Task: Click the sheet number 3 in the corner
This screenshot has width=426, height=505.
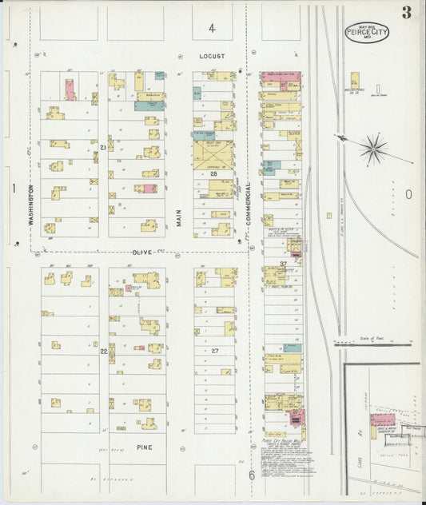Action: [407, 12]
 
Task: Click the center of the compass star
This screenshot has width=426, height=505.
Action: [372, 149]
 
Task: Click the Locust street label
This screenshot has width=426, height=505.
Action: [213, 57]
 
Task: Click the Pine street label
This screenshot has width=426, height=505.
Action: [144, 447]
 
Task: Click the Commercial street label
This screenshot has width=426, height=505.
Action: [249, 202]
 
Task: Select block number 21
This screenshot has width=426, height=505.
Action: [103, 148]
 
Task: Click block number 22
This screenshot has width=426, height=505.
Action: [103, 351]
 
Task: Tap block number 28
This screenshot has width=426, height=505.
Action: [213, 173]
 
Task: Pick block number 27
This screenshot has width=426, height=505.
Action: [214, 351]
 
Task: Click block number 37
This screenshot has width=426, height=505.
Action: [283, 264]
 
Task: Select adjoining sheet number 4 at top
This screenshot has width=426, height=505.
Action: [212, 28]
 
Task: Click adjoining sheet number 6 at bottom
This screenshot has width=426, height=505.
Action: [250, 476]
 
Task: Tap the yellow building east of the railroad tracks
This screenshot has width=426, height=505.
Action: [354, 81]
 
